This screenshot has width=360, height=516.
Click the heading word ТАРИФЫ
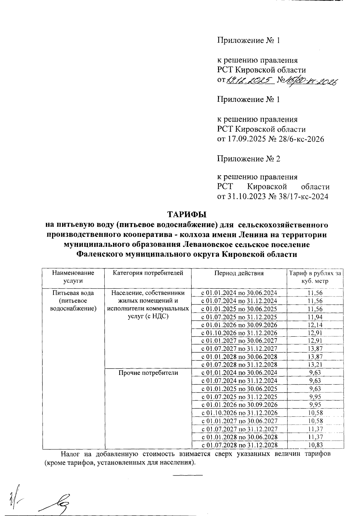pos(187,215)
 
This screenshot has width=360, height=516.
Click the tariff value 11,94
pos(315,317)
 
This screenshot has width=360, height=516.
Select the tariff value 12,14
pos(315,325)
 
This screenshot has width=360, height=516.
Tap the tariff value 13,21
pos(315,365)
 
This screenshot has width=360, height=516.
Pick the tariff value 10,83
pos(315,445)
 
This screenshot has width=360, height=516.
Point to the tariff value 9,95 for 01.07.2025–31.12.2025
pos(315,397)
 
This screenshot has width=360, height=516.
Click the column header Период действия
pos(239,273)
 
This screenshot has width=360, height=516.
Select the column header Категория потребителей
pos(148,273)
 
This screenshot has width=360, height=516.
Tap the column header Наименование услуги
pos(73,277)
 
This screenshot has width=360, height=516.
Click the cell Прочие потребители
pos(148,373)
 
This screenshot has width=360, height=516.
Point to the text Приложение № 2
pos(249,159)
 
